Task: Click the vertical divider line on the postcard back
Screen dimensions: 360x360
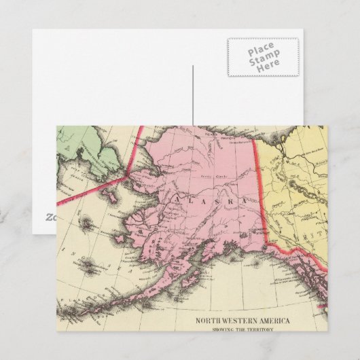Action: coord(193,95)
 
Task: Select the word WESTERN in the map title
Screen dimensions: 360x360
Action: coord(241,303)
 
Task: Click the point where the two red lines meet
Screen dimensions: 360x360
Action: coord(127,175)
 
